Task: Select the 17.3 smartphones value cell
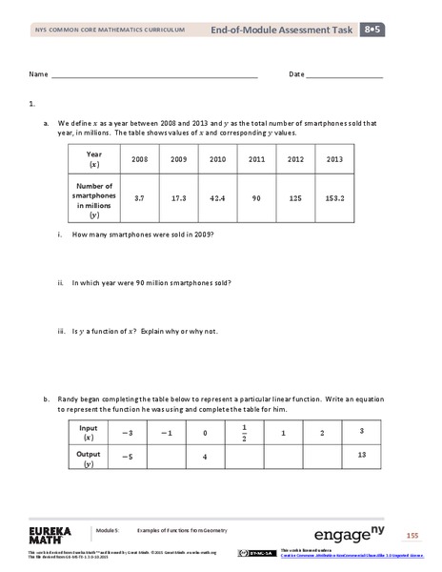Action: click(x=177, y=196)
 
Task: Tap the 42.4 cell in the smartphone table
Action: click(x=216, y=196)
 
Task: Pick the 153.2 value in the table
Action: click(x=333, y=196)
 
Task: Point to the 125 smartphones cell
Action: click(x=294, y=196)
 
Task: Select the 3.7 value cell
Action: click(x=139, y=196)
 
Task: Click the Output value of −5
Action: click(x=127, y=456)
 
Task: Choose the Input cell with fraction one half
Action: click(x=245, y=433)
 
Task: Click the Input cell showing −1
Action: click(x=168, y=434)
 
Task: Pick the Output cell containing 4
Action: click(x=206, y=456)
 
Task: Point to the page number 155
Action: click(x=412, y=533)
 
